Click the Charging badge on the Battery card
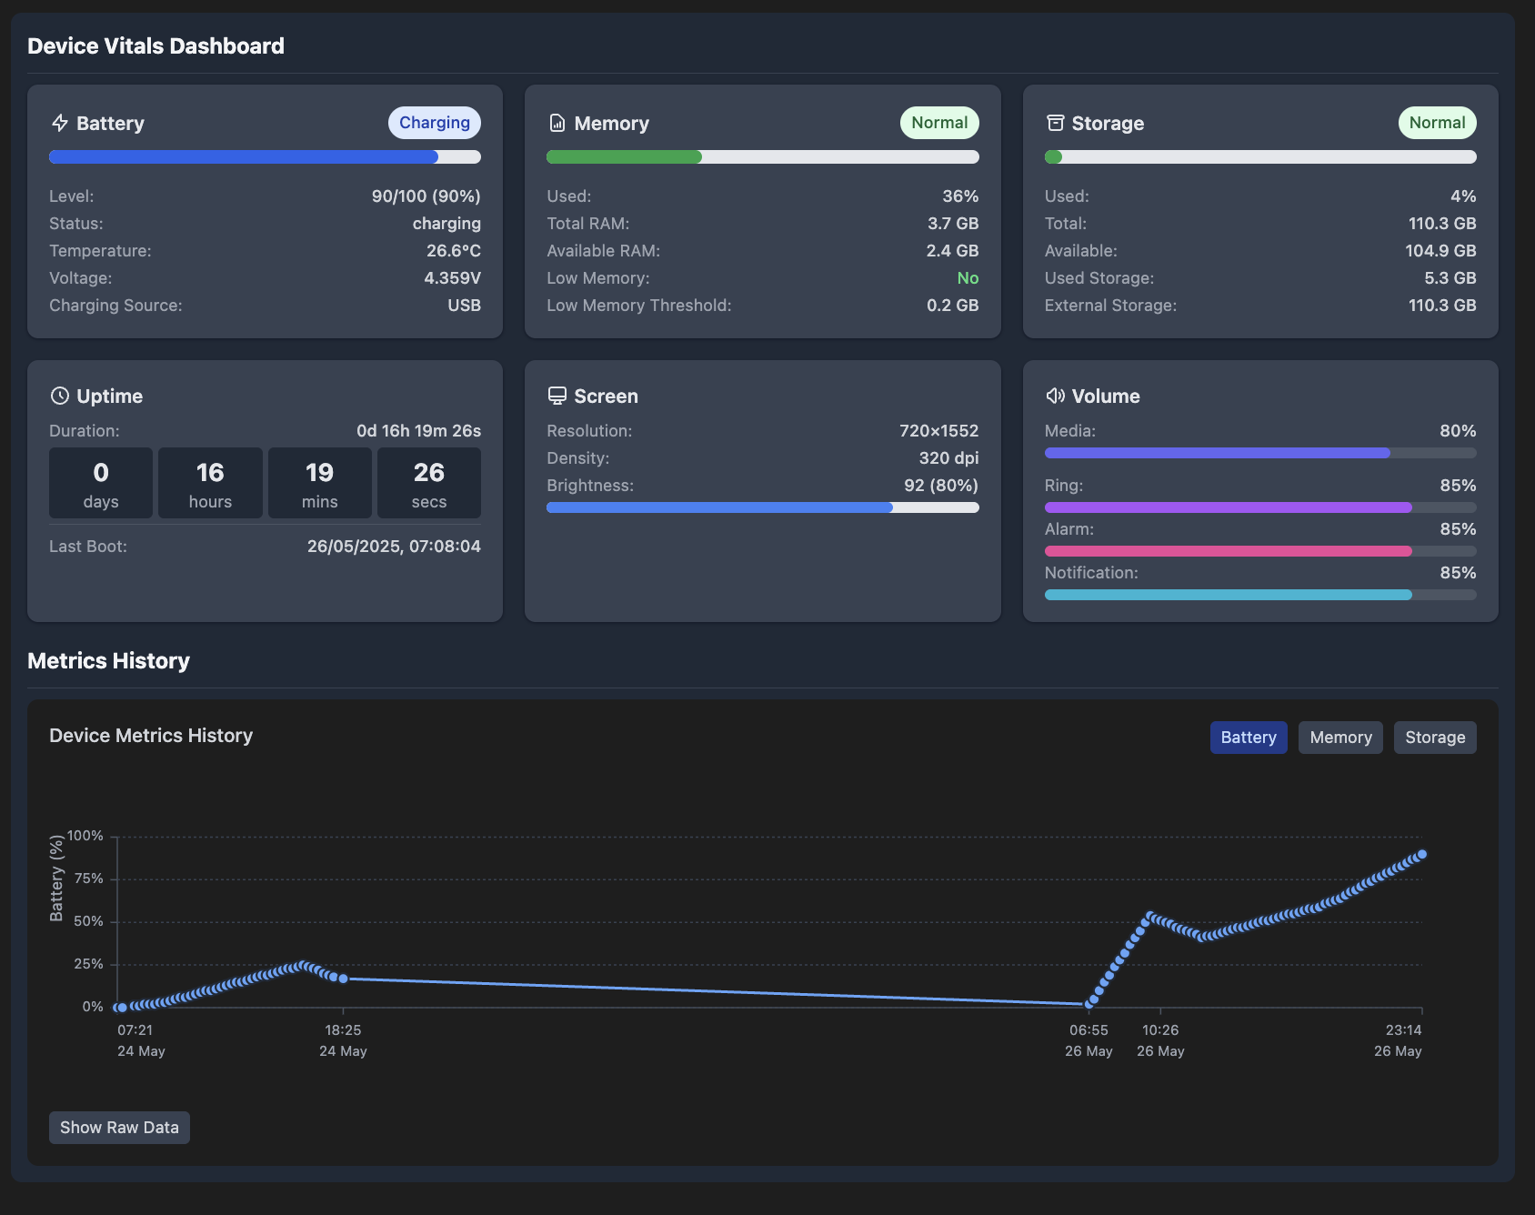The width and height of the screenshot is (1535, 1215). pyautogui.click(x=434, y=123)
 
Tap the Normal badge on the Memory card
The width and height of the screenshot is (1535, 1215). pyautogui.click(x=938, y=123)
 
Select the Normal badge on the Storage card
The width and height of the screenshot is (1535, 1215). pyautogui.click(x=1436, y=123)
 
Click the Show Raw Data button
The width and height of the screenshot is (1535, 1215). pyautogui.click(x=119, y=1128)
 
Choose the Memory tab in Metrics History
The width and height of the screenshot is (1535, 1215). pyautogui.click(x=1339, y=738)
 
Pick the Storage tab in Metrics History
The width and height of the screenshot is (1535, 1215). pyautogui.click(x=1434, y=738)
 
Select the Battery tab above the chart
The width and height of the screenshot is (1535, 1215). pyautogui.click(x=1248, y=738)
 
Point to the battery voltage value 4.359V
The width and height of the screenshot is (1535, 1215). pyautogui.click(x=452, y=278)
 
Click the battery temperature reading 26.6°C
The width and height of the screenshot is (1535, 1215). pyautogui.click(x=453, y=251)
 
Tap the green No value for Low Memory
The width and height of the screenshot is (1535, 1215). pyautogui.click(x=967, y=278)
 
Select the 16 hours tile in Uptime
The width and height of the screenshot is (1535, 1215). pyautogui.click(x=210, y=483)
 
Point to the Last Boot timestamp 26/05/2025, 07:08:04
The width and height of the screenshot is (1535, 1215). pyautogui.click(x=393, y=547)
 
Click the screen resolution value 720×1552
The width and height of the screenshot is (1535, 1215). pyautogui.click(x=938, y=431)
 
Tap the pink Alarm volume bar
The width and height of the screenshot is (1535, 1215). pyautogui.click(x=1228, y=551)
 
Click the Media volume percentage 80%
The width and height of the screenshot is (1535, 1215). pyautogui.click(x=1457, y=431)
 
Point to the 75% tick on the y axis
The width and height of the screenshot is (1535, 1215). pyautogui.click(x=89, y=879)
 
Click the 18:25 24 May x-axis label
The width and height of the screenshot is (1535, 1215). pyautogui.click(x=343, y=1039)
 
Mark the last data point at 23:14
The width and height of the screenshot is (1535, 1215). pyautogui.click(x=1422, y=854)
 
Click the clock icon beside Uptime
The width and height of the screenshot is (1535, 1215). pyautogui.click(x=60, y=396)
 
